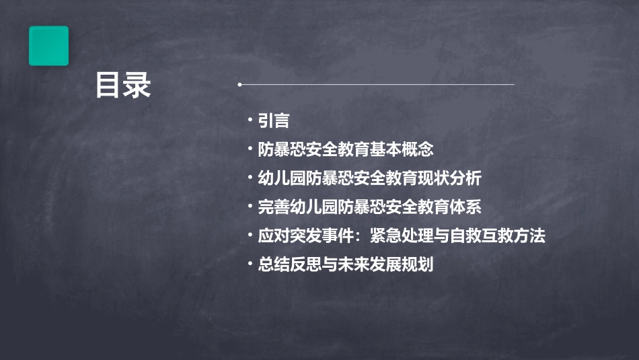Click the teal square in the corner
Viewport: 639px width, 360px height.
48,46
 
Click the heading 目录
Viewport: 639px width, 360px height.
122,85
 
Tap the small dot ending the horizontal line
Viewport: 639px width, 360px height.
239,85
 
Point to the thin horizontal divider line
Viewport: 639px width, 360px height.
377,85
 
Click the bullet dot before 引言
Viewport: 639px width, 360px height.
250,120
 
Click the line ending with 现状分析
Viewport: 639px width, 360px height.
370,178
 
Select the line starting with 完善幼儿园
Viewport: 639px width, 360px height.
370,207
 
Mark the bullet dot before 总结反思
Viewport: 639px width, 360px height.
250,264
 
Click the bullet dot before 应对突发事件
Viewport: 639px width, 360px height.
250,236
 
